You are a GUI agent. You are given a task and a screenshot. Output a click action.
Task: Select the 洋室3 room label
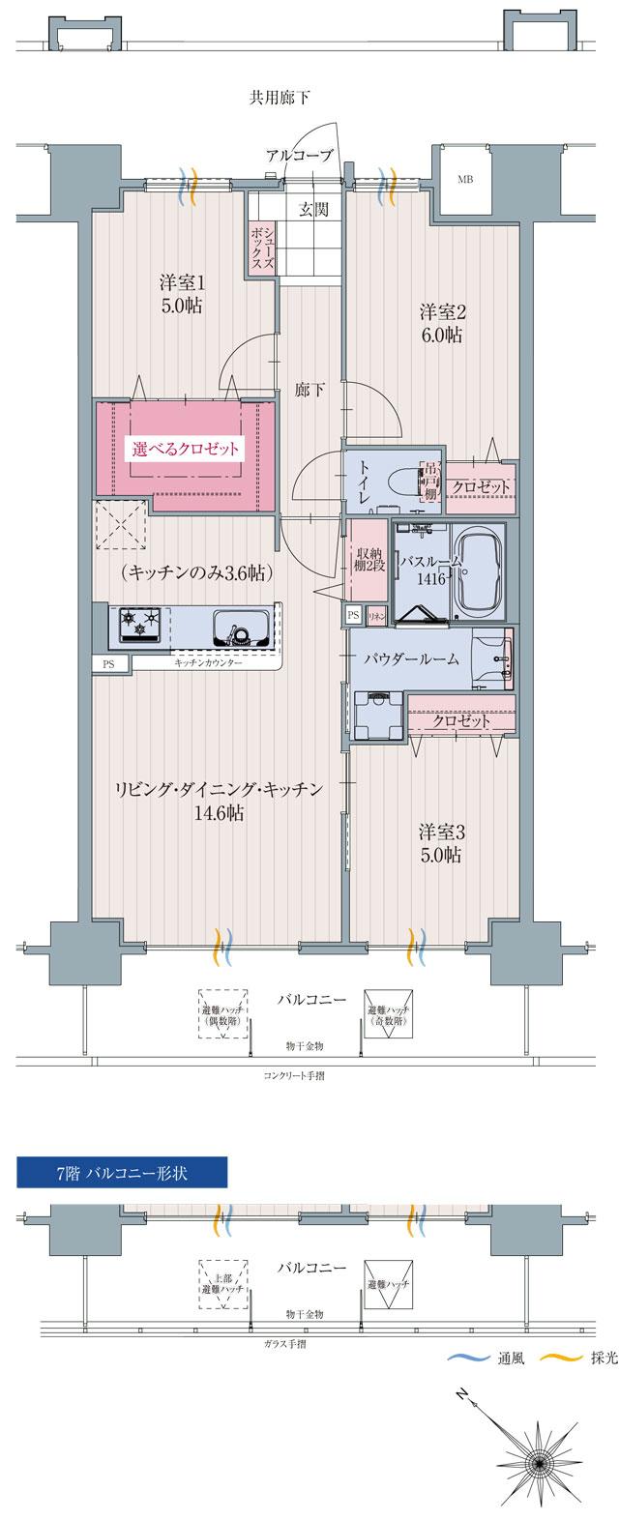pos(441,842)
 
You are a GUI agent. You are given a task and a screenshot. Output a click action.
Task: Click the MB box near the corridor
pos(465,179)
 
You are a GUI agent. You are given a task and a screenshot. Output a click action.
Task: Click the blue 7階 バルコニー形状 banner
pos(122,1173)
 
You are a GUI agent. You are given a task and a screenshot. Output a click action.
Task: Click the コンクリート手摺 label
pos(293,1074)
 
